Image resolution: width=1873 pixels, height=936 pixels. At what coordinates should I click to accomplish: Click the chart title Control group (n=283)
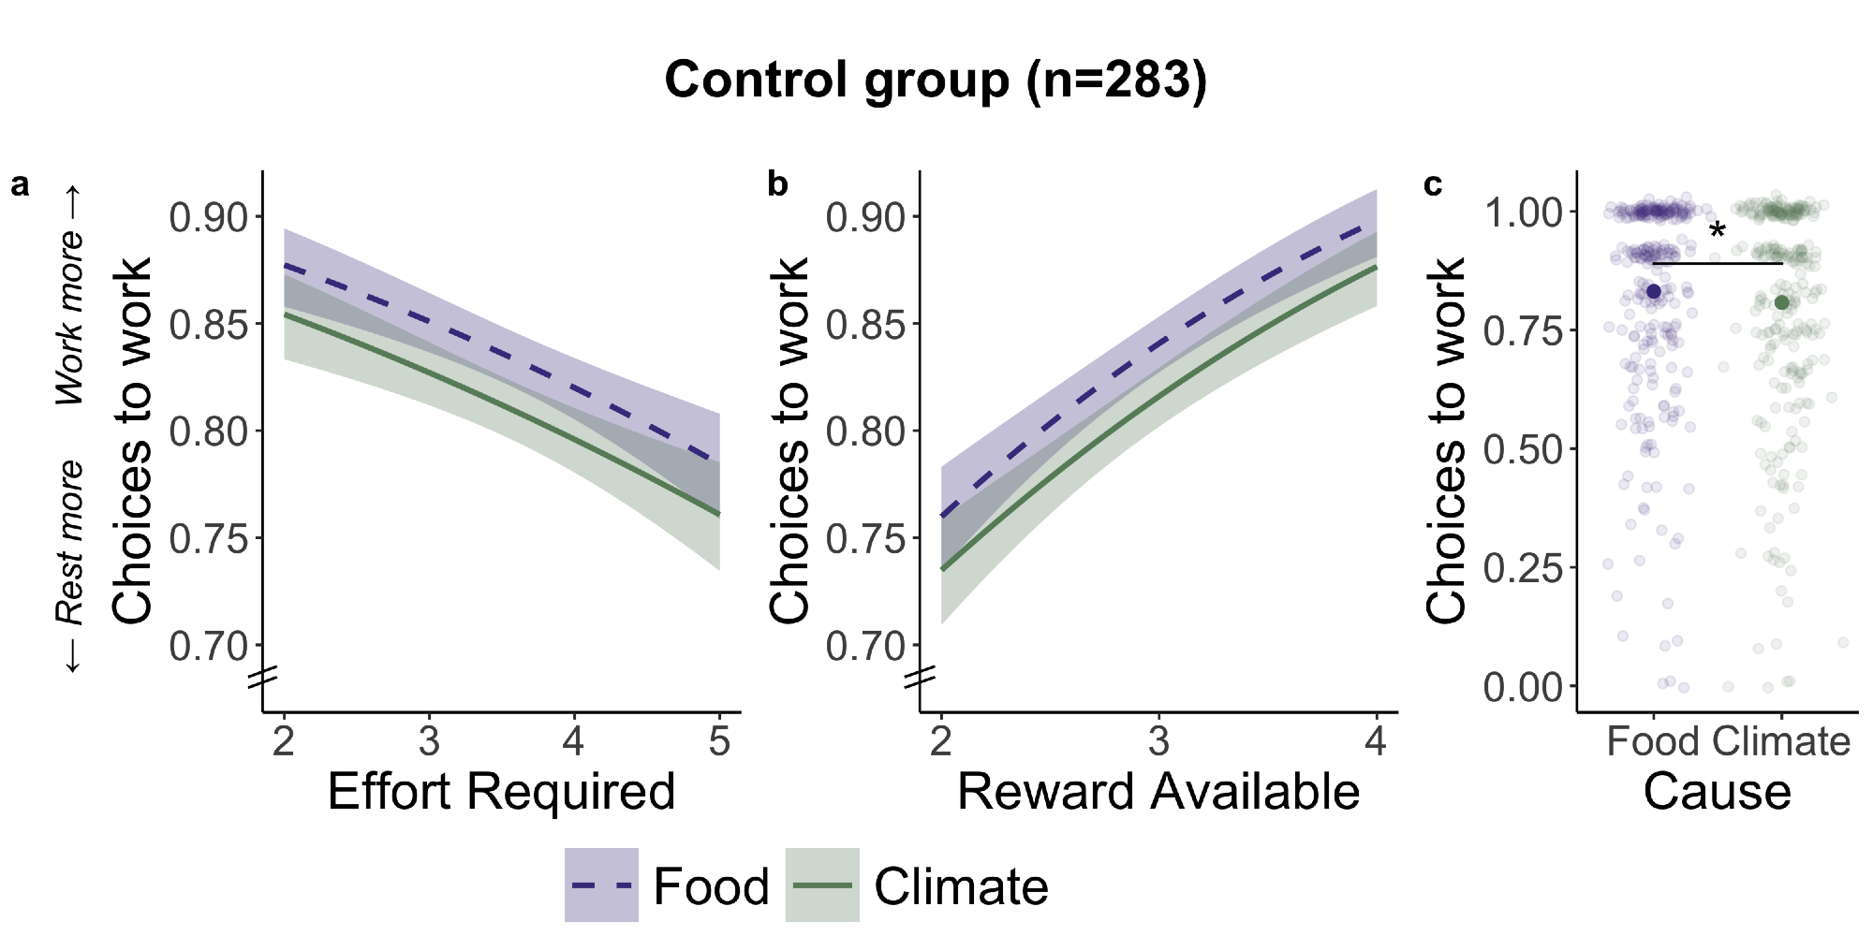pyautogui.click(x=936, y=80)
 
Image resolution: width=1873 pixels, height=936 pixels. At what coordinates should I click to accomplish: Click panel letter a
pyautogui.click(x=20, y=185)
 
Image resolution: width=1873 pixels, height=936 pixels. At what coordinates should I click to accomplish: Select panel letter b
pyautogui.click(x=777, y=184)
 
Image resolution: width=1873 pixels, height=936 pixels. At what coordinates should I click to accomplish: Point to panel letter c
pyautogui.click(x=1433, y=185)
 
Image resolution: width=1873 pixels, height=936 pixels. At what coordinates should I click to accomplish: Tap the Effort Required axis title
pyautogui.click(x=501, y=792)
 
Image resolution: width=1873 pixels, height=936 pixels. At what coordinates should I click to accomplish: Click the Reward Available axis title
pyautogui.click(x=1158, y=792)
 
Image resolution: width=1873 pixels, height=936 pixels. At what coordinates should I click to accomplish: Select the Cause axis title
pyautogui.click(x=1717, y=792)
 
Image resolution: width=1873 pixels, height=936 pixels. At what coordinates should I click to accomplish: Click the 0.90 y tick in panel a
pyautogui.click(x=209, y=217)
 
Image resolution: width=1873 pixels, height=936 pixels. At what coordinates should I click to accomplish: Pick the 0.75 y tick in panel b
pyautogui.click(x=866, y=539)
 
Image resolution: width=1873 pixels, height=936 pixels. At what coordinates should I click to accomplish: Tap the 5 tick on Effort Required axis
pyautogui.click(x=719, y=742)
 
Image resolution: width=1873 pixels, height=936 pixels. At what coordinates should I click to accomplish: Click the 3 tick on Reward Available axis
pyautogui.click(x=1158, y=742)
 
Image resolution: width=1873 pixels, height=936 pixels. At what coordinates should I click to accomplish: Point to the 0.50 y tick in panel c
pyautogui.click(x=1524, y=449)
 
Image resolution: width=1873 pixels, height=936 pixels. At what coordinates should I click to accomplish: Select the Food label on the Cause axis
pyautogui.click(x=1653, y=742)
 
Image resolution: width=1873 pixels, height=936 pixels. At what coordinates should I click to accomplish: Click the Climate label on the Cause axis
pyautogui.click(x=1781, y=742)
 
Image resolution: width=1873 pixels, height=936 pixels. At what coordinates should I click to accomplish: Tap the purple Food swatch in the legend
pyautogui.click(x=601, y=885)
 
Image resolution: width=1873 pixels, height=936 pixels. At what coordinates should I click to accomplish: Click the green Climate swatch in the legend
pyautogui.click(x=822, y=885)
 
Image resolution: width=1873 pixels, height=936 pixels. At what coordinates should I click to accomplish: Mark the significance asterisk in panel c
pyautogui.click(x=1717, y=230)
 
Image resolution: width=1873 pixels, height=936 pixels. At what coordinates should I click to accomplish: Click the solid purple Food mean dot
pyautogui.click(x=1654, y=292)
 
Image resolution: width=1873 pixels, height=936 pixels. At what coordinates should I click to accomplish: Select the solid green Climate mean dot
pyautogui.click(x=1781, y=302)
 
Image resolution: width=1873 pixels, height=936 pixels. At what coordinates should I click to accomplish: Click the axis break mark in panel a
pyautogui.click(x=263, y=677)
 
